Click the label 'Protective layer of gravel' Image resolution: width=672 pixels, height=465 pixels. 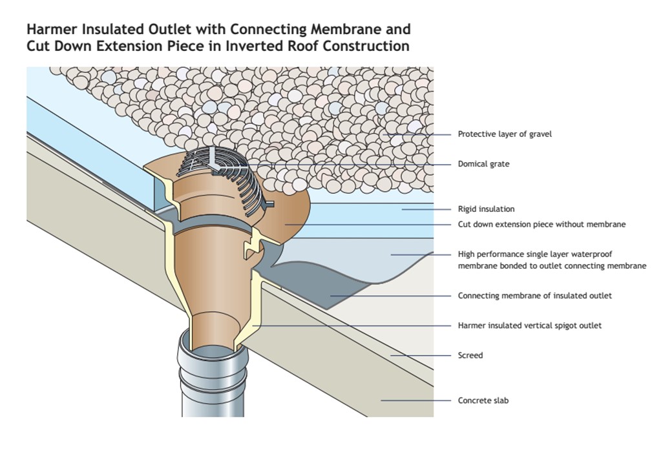505,134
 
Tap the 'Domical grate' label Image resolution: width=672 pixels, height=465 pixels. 483,164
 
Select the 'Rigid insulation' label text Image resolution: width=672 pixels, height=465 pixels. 486,209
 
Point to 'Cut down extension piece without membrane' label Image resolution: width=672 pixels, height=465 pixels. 541,225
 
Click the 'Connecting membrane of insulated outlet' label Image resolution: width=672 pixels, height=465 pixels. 534,296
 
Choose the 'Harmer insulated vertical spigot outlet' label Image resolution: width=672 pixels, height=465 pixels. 529,325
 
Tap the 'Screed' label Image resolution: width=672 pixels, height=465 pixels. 470,355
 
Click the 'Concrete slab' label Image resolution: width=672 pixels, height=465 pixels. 483,400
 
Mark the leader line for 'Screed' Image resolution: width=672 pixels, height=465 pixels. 420,355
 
